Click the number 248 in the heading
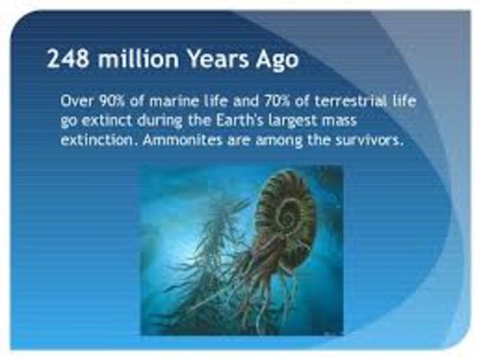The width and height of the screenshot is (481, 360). (x=66, y=59)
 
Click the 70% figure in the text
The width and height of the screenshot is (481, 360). (x=271, y=100)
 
